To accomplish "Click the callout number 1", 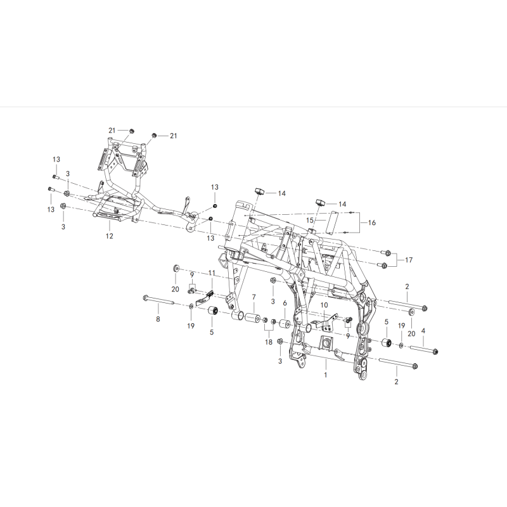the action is point(326,375).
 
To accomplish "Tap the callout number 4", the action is point(423,331).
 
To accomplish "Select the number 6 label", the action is point(285,304).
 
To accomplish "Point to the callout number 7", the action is point(254,297).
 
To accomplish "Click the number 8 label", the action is point(158,319).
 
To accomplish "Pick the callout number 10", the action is point(324,305).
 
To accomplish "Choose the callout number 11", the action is point(212,273).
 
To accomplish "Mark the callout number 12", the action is point(109,236).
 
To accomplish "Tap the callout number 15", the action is point(310,220).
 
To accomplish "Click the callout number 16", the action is point(372,222).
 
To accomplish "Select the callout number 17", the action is point(409,260).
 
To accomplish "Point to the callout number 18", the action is point(269,342).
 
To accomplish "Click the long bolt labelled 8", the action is point(158,300).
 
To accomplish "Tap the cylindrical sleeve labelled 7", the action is point(252,318).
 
